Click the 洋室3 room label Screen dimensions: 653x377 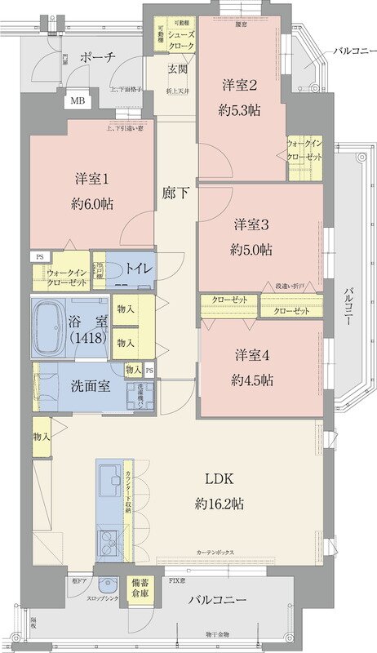pyautogui.click(x=252, y=224)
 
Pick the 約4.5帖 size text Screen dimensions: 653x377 pyautogui.click(x=251, y=380)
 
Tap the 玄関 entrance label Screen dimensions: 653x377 pyautogui.click(x=179, y=69)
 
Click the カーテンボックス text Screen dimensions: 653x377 pyautogui.click(x=215, y=553)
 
